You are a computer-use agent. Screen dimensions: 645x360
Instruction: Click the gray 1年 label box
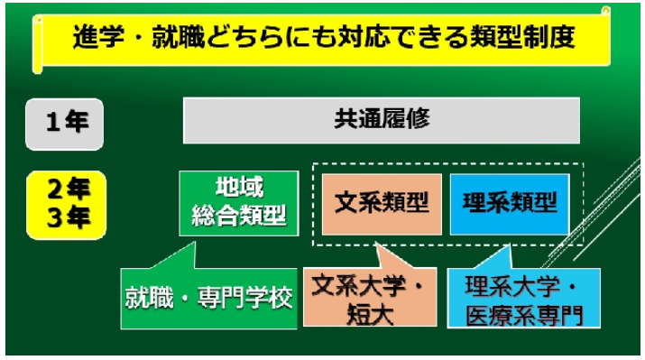point(65,124)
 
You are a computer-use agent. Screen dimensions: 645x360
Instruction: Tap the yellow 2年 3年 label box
point(67,205)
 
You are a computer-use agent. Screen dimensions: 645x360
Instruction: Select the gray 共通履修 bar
point(382,120)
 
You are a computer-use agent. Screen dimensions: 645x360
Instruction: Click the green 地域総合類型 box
point(239,203)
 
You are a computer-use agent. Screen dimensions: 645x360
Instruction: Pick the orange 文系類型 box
point(382,204)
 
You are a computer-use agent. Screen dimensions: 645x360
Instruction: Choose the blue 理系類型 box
point(510,204)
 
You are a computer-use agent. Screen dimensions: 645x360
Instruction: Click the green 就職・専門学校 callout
point(208,299)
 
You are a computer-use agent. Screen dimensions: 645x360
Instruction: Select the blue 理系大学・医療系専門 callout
point(523,298)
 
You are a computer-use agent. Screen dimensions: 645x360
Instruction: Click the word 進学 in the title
point(98,37)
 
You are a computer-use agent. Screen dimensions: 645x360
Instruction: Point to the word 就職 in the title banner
point(178,37)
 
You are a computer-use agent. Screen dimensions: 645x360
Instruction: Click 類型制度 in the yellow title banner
point(523,37)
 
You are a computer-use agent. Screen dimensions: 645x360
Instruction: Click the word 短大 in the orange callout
point(370,315)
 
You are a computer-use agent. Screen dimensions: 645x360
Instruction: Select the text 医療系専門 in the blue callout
point(524,315)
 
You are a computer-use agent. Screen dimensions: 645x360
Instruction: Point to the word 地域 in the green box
point(239,188)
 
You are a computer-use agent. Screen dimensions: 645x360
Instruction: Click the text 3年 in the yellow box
point(69,217)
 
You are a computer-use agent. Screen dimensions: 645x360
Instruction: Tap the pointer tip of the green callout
point(194,242)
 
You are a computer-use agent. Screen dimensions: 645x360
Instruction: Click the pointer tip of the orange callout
point(375,243)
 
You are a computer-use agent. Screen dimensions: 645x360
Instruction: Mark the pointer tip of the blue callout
point(510,245)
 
